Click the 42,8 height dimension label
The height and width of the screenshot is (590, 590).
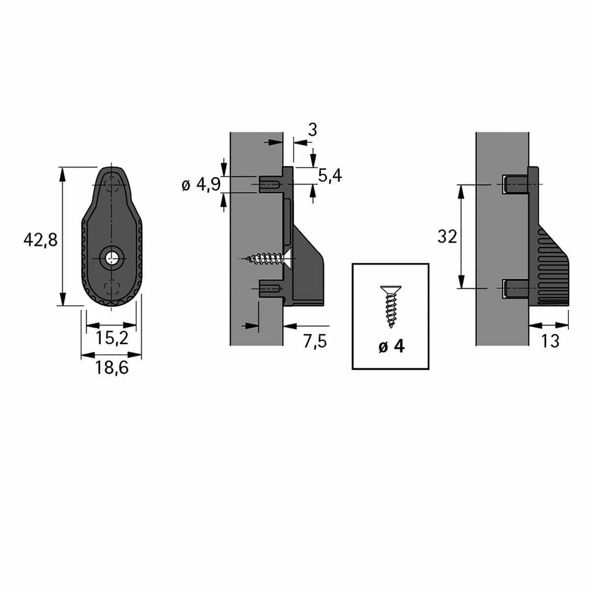[x=40, y=240]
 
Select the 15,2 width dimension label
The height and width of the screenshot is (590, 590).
[x=112, y=338]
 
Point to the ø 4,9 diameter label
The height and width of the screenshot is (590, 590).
[x=201, y=185]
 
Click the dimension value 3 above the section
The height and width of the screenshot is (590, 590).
[x=312, y=130]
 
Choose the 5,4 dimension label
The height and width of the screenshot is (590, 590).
[x=330, y=176]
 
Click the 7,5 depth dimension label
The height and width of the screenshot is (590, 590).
[x=315, y=341]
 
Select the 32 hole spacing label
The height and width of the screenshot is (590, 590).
[x=447, y=236]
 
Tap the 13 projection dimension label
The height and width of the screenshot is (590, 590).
[x=550, y=341]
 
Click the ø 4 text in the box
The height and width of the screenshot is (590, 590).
[x=391, y=347]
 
